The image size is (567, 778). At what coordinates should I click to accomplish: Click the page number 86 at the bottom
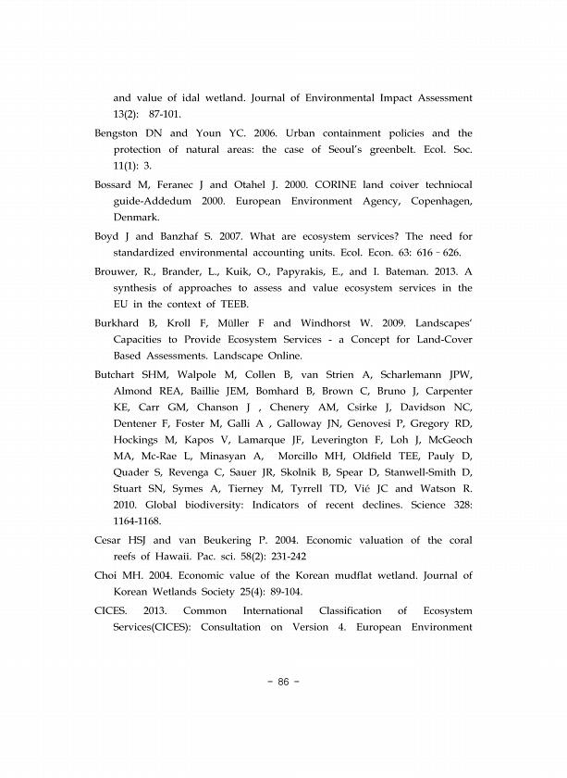[x=283, y=682]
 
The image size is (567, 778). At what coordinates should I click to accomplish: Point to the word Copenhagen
[x=438, y=201]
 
